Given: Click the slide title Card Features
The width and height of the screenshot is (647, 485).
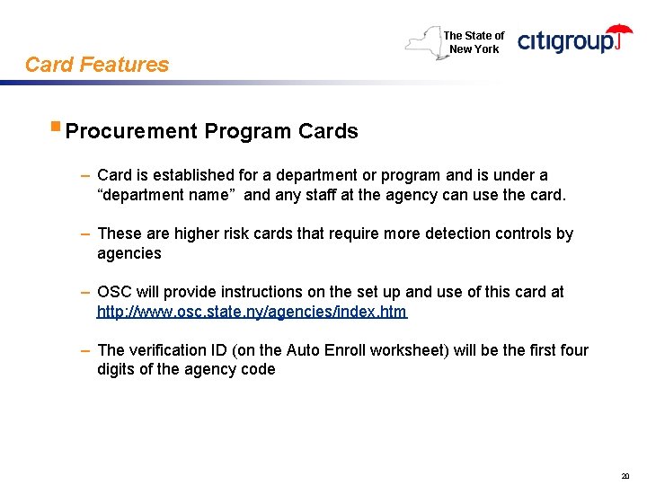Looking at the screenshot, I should (x=97, y=65).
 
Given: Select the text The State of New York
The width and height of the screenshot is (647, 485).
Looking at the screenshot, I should (x=474, y=42).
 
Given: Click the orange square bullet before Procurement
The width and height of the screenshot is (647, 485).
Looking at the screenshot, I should (x=56, y=128).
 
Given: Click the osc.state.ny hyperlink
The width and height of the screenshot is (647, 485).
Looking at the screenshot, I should (x=252, y=312).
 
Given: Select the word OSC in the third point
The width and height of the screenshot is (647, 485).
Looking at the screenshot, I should (x=114, y=292).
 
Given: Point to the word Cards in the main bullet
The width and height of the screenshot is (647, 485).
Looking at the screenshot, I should (x=328, y=131).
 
